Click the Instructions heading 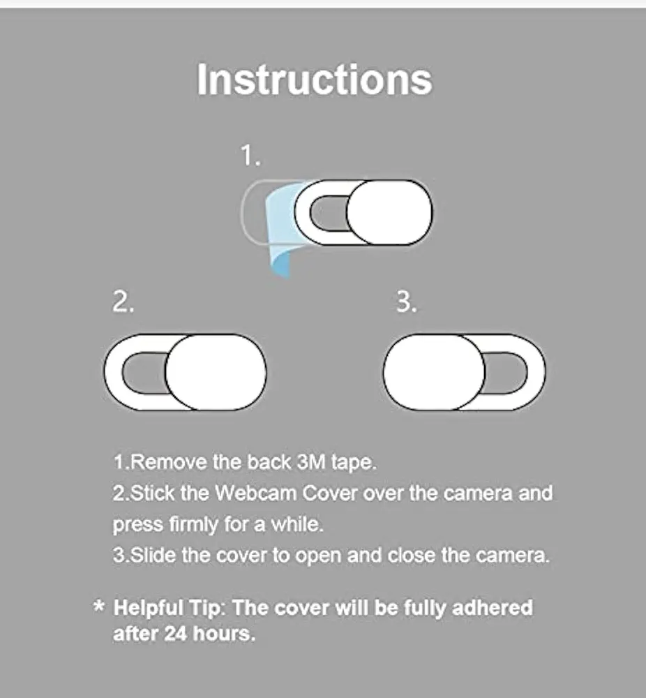(x=314, y=80)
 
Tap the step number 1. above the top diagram (x=250, y=156)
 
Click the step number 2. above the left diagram (x=123, y=303)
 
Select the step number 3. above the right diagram (x=407, y=303)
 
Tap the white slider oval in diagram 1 (x=389, y=212)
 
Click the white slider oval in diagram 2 (x=216, y=371)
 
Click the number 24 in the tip (x=176, y=634)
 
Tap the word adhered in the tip (x=492, y=607)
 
